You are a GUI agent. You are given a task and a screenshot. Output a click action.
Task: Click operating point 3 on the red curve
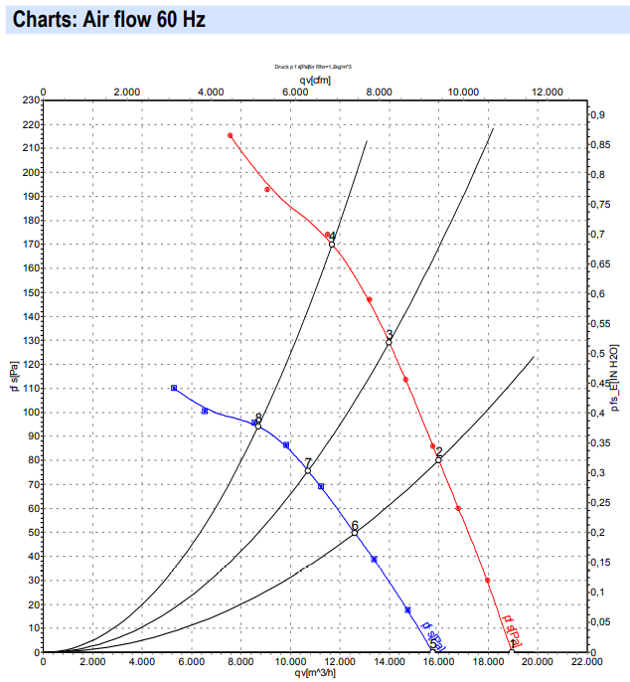pos(389,341)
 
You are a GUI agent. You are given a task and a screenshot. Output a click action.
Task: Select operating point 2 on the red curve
pos(438,459)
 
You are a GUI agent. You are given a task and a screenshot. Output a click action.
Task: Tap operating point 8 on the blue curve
pos(258,426)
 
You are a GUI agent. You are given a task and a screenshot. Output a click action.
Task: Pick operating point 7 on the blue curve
pos(308,470)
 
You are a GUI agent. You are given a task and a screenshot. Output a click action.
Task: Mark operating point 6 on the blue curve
pos(355,533)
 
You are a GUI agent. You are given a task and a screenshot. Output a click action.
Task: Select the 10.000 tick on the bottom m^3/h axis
pos(290,662)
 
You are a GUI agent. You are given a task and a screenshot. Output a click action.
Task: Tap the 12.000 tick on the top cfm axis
pos(548,91)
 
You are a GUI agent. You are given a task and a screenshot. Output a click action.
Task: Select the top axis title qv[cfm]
pos(316,80)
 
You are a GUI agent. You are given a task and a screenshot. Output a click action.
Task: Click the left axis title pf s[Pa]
pos(13,377)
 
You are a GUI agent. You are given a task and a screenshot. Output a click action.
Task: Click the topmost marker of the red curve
pos(230,135)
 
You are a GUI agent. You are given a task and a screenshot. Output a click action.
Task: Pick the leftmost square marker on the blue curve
pos(174,388)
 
